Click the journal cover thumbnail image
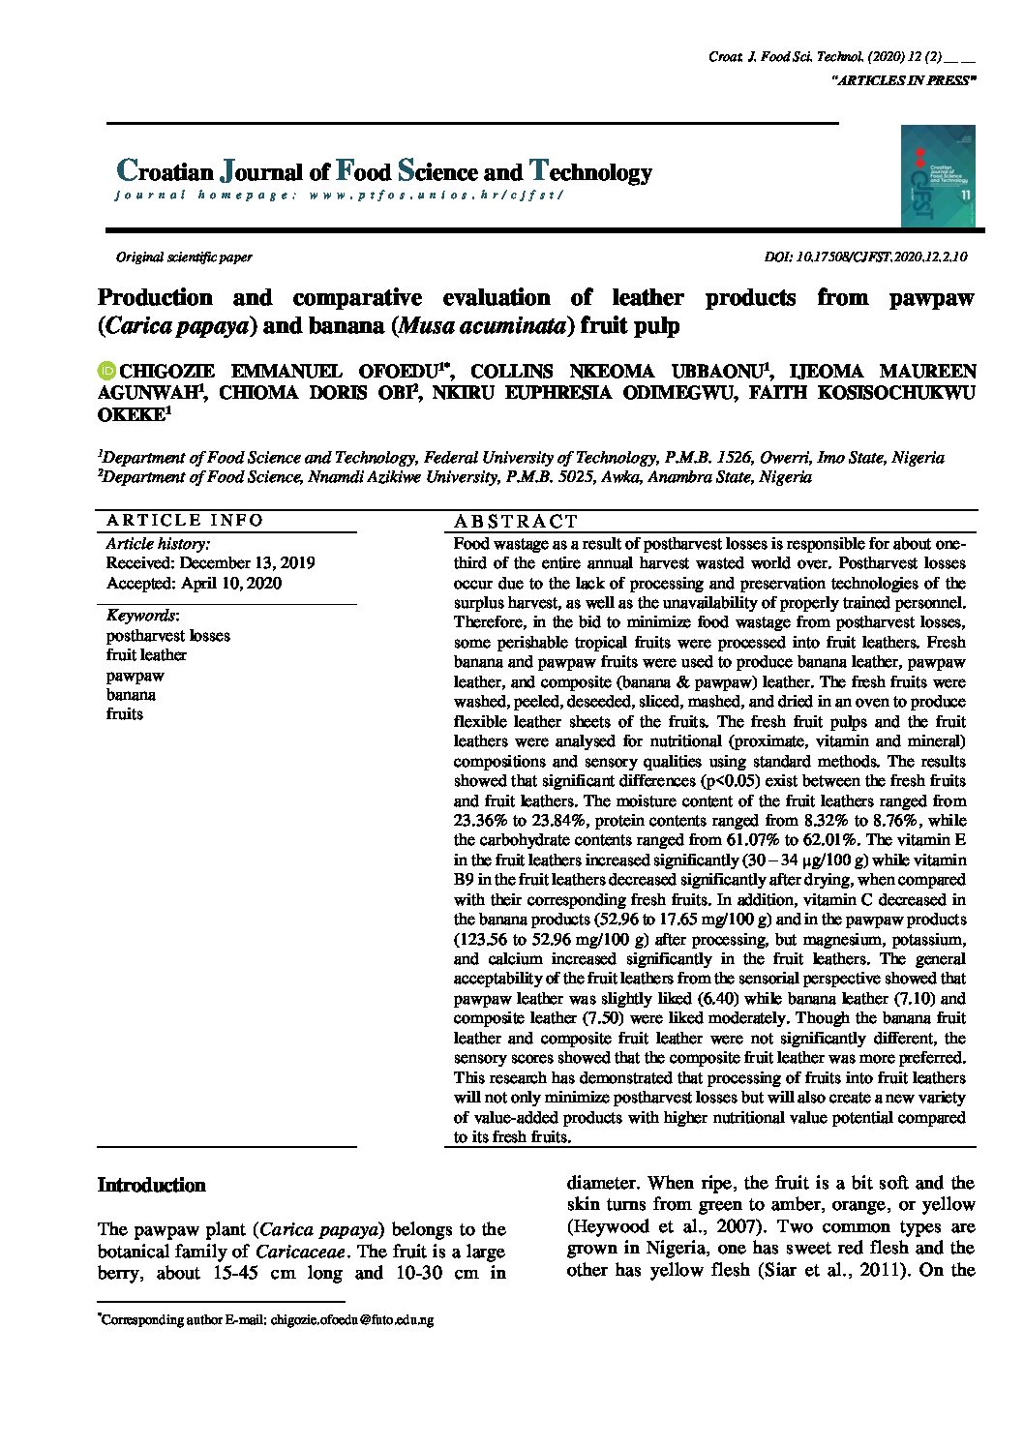937,176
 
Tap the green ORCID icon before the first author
106,371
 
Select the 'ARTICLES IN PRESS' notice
902,81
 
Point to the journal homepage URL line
339,195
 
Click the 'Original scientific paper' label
184,257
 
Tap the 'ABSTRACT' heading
515,521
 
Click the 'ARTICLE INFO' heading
184,520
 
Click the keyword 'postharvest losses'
168,636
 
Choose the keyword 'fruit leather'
146,655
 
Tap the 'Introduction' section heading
152,1185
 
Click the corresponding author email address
352,1319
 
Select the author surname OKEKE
132,415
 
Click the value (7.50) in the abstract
605,1018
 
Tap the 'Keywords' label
141,616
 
